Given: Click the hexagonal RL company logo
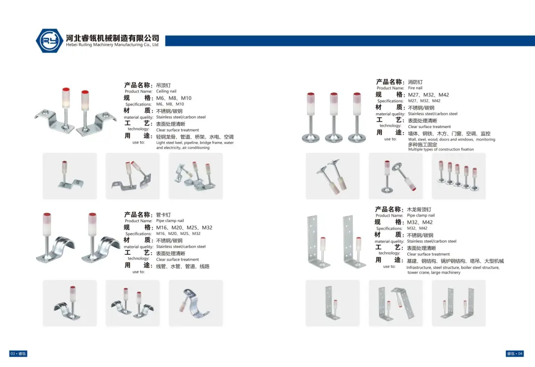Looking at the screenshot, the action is (x=50, y=41).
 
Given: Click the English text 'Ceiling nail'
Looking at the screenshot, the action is (x=166, y=92).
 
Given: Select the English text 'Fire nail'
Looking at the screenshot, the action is (x=415, y=88).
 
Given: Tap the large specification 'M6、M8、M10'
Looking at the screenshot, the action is (x=174, y=98).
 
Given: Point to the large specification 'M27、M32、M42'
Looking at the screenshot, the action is (x=428, y=95).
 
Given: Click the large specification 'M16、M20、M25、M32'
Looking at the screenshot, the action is (x=184, y=228).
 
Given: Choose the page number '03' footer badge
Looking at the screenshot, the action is (x=18, y=354).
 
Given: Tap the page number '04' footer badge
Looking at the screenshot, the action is (x=515, y=354).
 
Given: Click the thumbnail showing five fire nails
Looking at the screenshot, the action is (x=459, y=176).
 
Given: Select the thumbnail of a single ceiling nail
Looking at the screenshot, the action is (x=70, y=176).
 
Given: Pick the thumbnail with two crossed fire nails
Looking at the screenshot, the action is (x=333, y=176).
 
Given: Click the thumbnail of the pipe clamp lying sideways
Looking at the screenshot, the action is (x=196, y=303).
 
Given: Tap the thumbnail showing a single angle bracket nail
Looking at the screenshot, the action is (x=333, y=303).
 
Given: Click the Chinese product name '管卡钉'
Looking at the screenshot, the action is (x=163, y=215).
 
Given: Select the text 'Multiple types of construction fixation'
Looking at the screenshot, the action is (x=441, y=149).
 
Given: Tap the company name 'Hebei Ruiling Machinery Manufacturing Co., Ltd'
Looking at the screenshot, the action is (x=112, y=45).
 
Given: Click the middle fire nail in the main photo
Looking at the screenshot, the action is (x=334, y=117).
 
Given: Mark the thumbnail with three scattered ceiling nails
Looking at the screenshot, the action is (x=196, y=176).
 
